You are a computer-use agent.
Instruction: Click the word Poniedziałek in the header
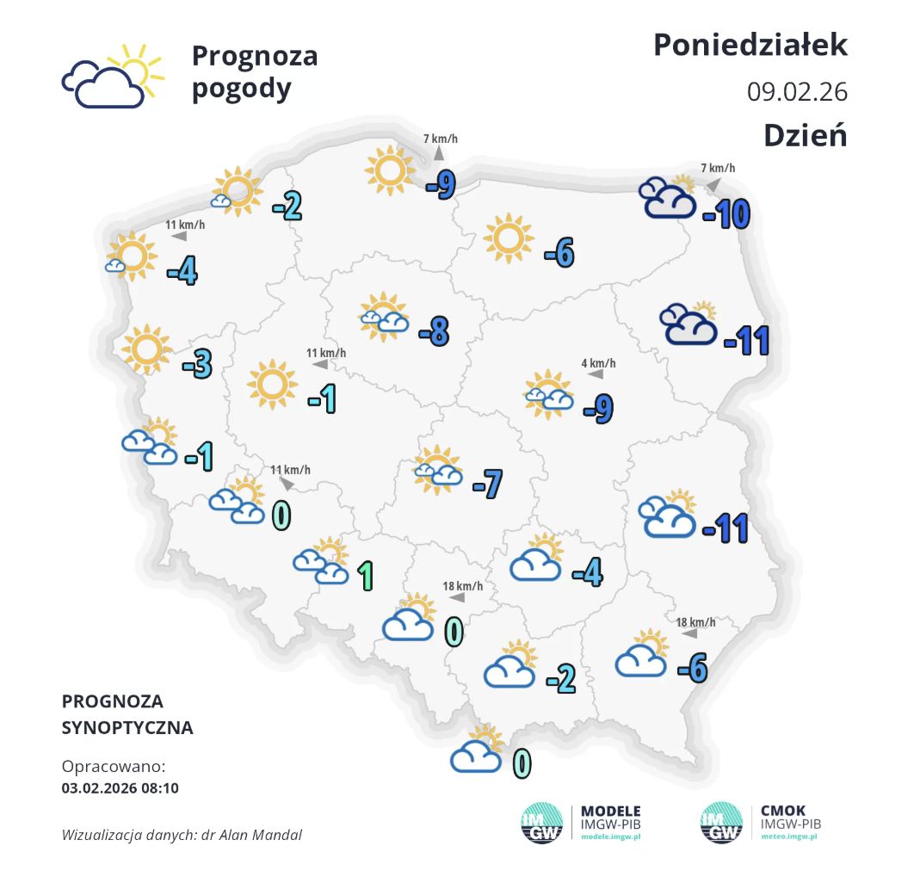[750, 45]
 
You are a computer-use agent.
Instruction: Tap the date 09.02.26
[797, 90]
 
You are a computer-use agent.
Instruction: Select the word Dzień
[805, 135]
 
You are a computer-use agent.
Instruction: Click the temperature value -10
[726, 213]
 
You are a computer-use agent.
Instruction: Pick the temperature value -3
[197, 365]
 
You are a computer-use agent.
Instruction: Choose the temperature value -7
[487, 485]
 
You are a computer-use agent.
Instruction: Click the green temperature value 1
[365, 575]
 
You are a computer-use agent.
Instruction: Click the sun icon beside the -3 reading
[145, 349]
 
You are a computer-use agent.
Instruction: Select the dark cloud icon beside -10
[668, 199]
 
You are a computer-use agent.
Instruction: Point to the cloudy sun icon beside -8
[384, 315]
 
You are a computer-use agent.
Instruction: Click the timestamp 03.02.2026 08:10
[120, 787]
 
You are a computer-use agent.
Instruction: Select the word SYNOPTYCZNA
[127, 728]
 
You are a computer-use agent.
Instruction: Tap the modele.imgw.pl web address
[610, 837]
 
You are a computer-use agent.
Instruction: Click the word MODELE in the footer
[611, 811]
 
